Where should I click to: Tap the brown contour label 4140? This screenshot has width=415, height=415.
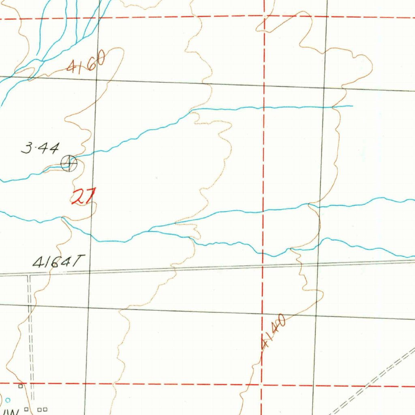(x=274, y=333)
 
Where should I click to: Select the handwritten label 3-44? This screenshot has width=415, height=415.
(x=40, y=149)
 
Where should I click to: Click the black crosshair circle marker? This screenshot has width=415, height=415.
(x=69, y=163)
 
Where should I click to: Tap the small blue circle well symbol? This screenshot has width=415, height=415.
(x=8, y=400)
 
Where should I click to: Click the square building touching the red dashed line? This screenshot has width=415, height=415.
(x=20, y=386)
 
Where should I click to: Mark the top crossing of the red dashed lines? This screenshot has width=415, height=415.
(x=264, y=17)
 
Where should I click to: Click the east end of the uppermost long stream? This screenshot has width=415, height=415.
(x=352, y=106)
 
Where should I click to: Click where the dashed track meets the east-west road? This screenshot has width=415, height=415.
(x=29, y=276)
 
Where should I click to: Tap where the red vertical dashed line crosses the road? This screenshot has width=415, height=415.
(x=263, y=266)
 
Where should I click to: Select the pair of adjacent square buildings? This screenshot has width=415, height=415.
(x=42, y=410)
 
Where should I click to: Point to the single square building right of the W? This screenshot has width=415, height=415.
(x=27, y=409)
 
